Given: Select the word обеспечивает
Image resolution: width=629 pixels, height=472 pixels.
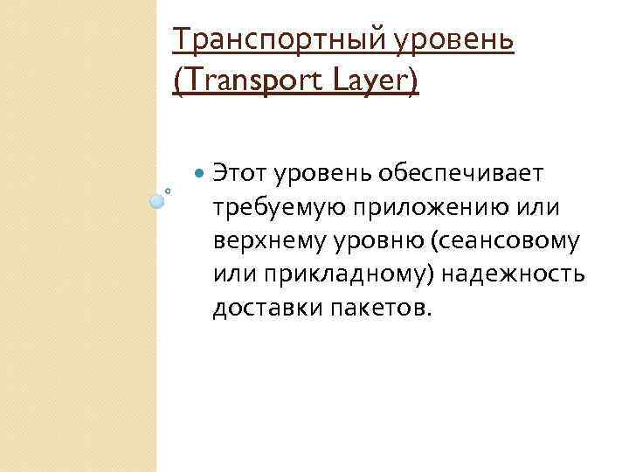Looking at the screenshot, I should click(x=461, y=175).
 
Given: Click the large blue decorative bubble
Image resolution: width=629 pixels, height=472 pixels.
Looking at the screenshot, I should click(x=156, y=201).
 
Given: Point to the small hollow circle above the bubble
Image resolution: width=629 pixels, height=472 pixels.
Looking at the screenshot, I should click(x=168, y=190).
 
